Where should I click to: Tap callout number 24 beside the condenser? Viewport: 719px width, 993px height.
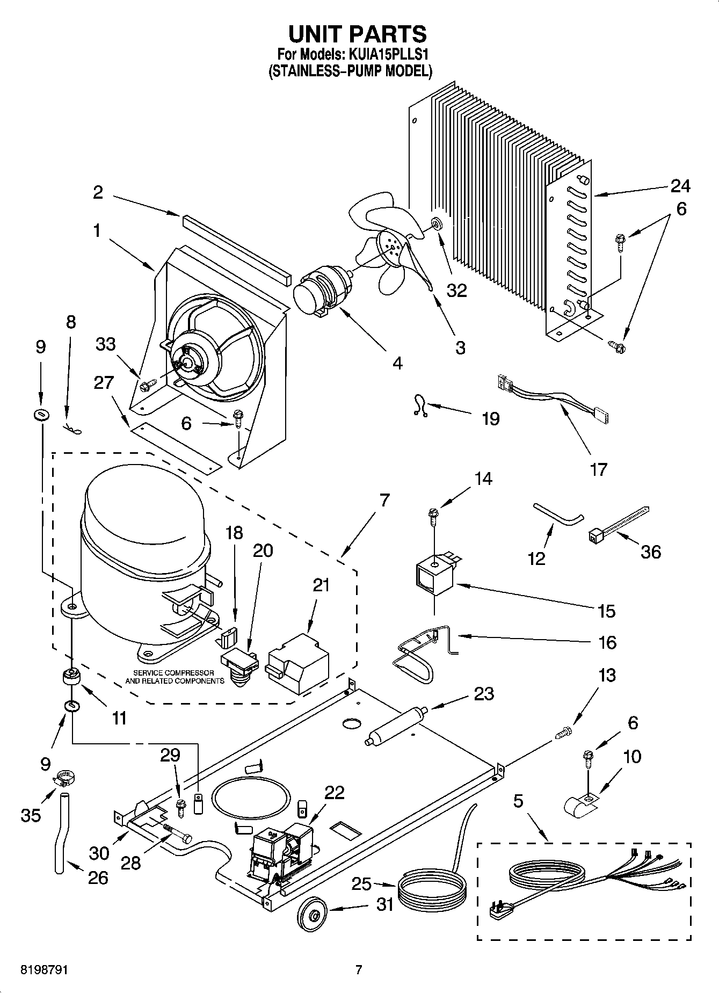click(x=680, y=186)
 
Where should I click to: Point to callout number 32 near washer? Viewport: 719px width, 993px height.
click(x=457, y=291)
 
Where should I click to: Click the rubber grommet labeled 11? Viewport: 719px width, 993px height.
click(x=71, y=676)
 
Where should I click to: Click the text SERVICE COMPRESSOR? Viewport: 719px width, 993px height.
click(x=173, y=673)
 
